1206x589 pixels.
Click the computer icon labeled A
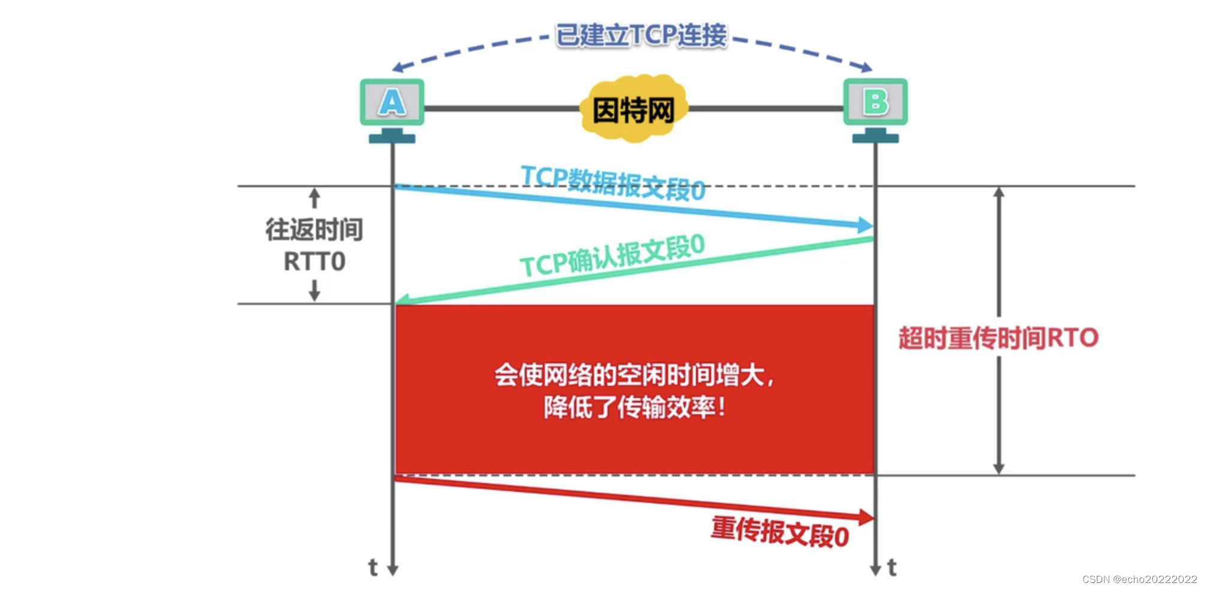[x=392, y=103]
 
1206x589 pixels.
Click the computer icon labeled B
[x=875, y=103]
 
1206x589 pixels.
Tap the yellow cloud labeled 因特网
[x=634, y=109]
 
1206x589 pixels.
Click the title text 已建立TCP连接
[x=641, y=35]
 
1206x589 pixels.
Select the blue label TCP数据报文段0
[x=613, y=182]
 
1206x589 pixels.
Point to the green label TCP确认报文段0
[x=612, y=256]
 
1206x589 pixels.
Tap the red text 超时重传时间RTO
[x=998, y=338]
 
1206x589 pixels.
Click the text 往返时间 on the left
[x=314, y=230]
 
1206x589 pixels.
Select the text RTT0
[x=314, y=262]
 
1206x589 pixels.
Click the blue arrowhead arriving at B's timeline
[x=865, y=226]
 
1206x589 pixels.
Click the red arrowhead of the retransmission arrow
[x=866, y=517]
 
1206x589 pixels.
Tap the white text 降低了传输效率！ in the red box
[x=634, y=408]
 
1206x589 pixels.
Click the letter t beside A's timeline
[x=373, y=567]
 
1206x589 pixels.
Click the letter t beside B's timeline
[x=892, y=567]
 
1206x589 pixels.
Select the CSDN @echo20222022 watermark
[x=1139, y=579]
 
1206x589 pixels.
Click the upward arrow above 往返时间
[x=314, y=199]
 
